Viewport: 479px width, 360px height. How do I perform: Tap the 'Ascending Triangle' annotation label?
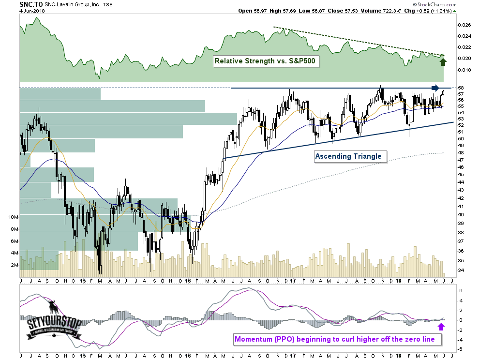[x=348, y=156]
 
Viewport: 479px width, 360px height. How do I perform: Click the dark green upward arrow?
[x=443, y=60]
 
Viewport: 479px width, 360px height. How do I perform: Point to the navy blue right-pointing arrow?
[x=435, y=88]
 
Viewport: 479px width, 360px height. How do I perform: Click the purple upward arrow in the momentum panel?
[x=441, y=327]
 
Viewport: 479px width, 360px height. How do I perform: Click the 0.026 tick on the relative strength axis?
[x=465, y=25]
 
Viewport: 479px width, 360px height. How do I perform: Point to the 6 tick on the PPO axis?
[x=460, y=291]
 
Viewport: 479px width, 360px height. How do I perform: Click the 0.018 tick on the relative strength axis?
[x=465, y=70]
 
